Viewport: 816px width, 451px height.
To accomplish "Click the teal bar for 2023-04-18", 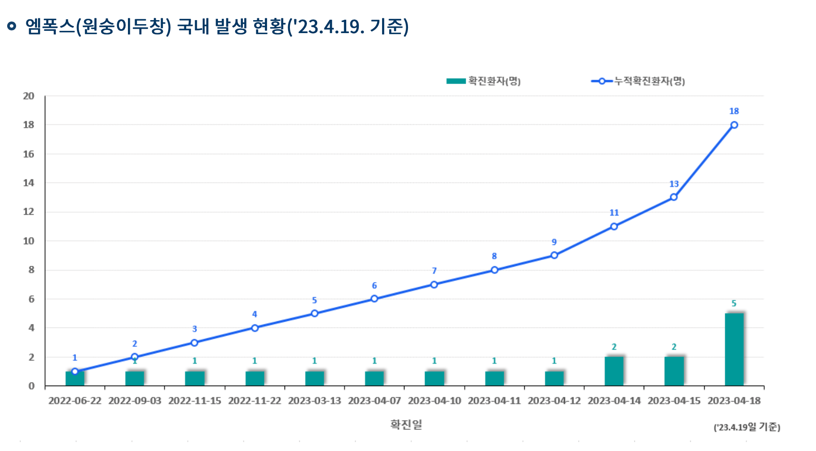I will (734, 349).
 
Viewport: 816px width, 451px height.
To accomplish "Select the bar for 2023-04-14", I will (614, 371).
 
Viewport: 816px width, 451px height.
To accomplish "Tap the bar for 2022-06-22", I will (75, 379).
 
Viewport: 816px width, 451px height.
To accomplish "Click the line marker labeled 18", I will (734, 125).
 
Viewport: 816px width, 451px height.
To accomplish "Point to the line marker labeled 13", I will (674, 197).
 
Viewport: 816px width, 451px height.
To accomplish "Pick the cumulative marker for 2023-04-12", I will (554, 255).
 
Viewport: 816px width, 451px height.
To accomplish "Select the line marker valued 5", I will (314, 313).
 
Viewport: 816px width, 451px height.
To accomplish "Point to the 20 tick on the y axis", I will (29, 96).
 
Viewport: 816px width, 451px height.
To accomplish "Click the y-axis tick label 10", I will (29, 241).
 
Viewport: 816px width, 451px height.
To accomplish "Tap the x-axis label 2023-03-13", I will (314, 401).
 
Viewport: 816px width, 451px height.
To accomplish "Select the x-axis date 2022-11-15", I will (195, 401).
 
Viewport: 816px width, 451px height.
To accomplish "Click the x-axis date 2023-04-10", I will (434, 401).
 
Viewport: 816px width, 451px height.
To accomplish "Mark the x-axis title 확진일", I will (406, 424).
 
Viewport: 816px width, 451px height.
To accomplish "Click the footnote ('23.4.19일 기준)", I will (747, 427).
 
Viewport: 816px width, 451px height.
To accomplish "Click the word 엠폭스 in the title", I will (50, 26).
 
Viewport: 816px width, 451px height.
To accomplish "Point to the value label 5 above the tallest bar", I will (734, 303).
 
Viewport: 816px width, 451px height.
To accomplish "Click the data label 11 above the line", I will (614, 213).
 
